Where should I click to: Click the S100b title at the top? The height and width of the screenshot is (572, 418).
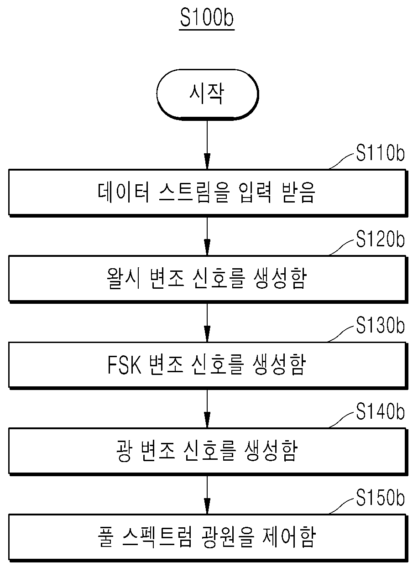tap(207, 17)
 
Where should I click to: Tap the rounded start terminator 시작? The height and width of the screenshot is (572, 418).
tap(208, 94)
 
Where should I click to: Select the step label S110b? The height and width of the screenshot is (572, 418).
tap(380, 153)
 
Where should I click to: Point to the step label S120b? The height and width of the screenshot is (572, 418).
tap(380, 239)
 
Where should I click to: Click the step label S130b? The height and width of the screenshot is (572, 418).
tap(380, 326)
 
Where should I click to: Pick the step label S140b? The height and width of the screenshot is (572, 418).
tap(380, 412)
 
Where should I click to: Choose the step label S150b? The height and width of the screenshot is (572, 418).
tap(380, 498)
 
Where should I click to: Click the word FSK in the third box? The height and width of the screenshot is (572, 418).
tap(124, 364)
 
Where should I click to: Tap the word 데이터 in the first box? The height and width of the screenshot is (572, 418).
tap(123, 192)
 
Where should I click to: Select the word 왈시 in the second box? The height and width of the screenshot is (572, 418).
tap(123, 278)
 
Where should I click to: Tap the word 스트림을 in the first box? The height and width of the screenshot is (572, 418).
tap(194, 192)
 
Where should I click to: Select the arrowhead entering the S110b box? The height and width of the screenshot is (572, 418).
tap(207, 161)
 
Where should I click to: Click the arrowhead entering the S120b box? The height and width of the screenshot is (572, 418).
tap(207, 247)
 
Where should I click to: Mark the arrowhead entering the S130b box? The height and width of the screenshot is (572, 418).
tap(207, 334)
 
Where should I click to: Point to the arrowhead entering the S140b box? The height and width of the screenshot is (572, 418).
tap(207, 420)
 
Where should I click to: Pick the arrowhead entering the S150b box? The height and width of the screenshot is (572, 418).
tap(207, 506)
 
